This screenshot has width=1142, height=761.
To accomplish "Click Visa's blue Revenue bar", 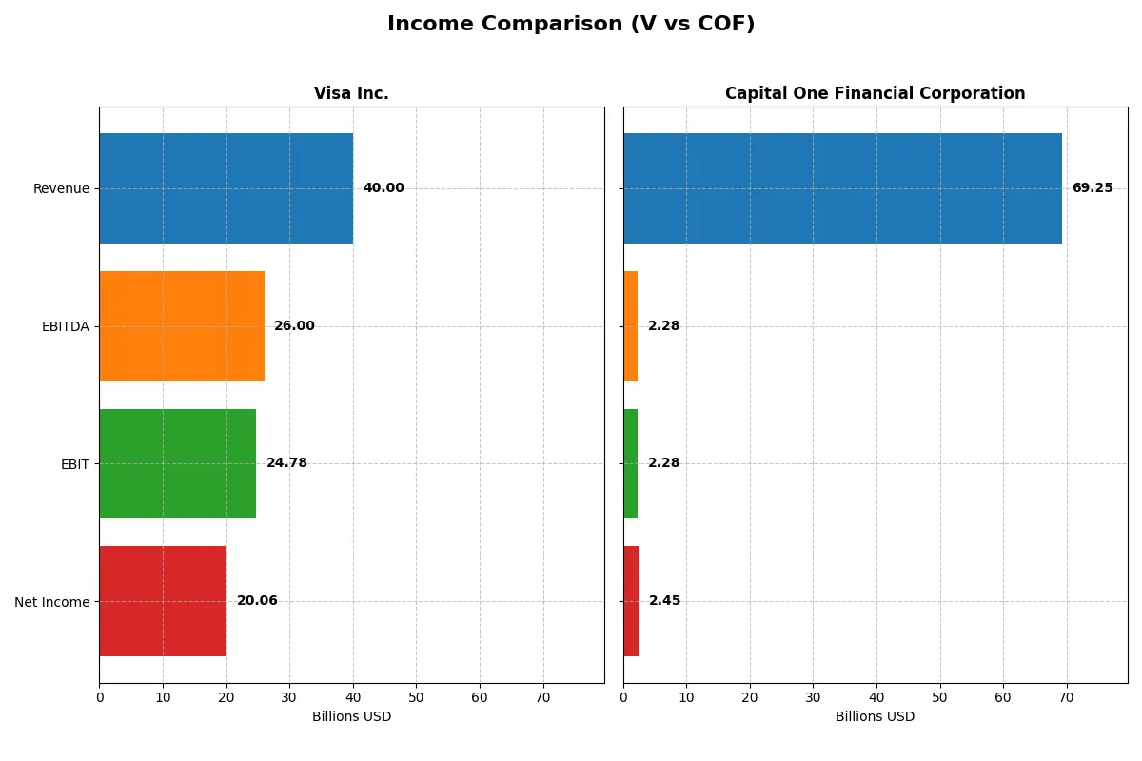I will [x=226, y=188].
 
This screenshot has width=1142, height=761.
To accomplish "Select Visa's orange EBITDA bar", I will [x=182, y=326].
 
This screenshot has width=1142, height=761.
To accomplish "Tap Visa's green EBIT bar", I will [x=178, y=463].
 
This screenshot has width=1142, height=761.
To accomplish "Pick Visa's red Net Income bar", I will [x=163, y=601].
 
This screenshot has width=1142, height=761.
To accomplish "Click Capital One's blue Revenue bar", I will [x=842, y=188].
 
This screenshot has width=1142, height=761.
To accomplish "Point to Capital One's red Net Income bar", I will [x=631, y=601].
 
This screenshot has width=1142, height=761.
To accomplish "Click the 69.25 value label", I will [x=1092, y=188].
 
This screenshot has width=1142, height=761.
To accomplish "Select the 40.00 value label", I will [x=384, y=188].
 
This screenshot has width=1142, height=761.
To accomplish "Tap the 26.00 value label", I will [x=294, y=326].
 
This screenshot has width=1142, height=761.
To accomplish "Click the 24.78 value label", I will [x=286, y=463].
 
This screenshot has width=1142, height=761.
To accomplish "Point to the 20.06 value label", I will [x=257, y=601].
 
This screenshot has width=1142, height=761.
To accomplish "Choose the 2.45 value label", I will [x=664, y=601].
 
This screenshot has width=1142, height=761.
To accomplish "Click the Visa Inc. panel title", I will [x=351, y=93].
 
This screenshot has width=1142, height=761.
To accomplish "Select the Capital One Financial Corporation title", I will [x=875, y=93].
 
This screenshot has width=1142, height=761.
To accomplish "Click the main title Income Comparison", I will [x=571, y=25].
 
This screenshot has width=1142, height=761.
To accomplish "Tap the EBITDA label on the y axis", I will [x=65, y=326].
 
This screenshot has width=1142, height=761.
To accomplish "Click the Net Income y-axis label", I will [x=52, y=601].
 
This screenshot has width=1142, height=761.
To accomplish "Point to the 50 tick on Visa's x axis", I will [x=416, y=697].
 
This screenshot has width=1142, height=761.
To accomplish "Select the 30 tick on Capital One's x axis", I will [x=813, y=697].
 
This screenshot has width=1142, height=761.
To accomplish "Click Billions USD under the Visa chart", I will [x=351, y=717].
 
